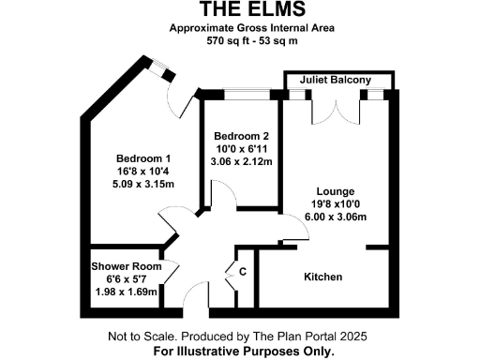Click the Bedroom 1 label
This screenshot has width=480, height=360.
[x=143, y=157]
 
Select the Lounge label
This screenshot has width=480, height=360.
[x=335, y=189]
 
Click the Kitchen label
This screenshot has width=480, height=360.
[x=322, y=277]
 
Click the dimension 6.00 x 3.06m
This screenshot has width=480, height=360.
[x=335, y=217]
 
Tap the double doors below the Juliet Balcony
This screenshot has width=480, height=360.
[x=337, y=109]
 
